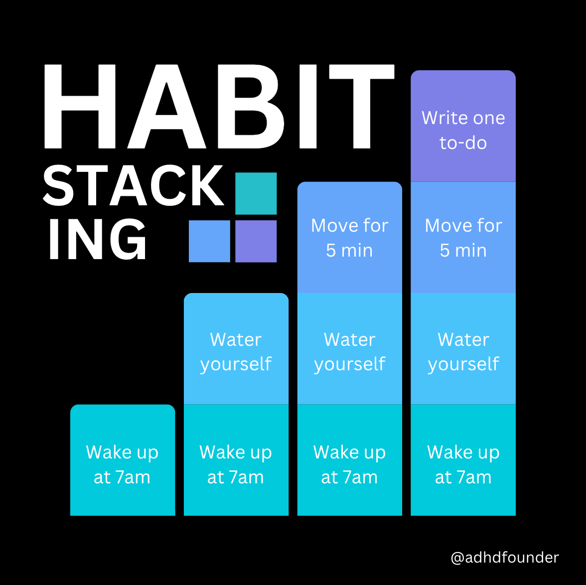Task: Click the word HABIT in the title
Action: click(x=219, y=107)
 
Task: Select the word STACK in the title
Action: click(x=134, y=185)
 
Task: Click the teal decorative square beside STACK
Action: click(x=256, y=193)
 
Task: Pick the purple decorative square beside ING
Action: click(x=256, y=241)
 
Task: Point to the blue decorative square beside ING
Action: click(x=209, y=241)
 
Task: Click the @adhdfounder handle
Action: click(x=504, y=557)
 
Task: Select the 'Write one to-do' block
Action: click(x=463, y=126)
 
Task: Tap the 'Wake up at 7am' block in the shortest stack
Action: click(x=123, y=460)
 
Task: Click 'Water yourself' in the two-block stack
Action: click(x=236, y=349)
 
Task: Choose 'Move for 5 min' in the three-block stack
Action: click(x=349, y=237)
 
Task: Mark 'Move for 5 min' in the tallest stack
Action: click(x=463, y=237)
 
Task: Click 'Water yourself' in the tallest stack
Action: click(x=463, y=349)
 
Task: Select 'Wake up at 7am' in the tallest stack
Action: click(x=463, y=460)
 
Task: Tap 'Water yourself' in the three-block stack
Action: click(x=349, y=349)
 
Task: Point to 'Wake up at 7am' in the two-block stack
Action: click(x=236, y=460)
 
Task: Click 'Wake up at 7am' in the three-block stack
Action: click(x=349, y=460)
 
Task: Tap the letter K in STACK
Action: click(x=208, y=185)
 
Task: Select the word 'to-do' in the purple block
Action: click(x=463, y=143)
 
